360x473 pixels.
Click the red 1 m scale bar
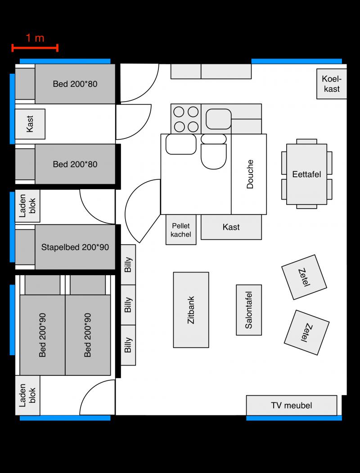pyautogui.click(x=35, y=48)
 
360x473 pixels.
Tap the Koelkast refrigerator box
pyautogui.click(x=332, y=84)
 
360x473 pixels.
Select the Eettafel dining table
pyautogui.click(x=306, y=174)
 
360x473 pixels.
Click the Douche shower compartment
pyautogui.click(x=249, y=174)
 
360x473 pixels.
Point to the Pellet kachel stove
pyautogui.click(x=181, y=230)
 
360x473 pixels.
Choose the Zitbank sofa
pyautogui.click(x=191, y=310)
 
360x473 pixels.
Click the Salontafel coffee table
pyautogui.click(x=249, y=310)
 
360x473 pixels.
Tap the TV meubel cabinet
pyautogui.click(x=292, y=406)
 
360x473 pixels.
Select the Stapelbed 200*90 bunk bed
pyautogui.click(x=75, y=247)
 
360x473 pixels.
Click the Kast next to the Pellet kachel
pyautogui.click(x=231, y=227)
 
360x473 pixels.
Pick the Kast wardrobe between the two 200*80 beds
pyautogui.click(x=30, y=124)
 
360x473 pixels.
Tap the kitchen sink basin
pyautogui.click(x=219, y=119)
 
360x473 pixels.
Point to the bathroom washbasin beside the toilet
pyautogui.click(x=181, y=144)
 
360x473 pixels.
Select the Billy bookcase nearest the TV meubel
pyautogui.click(x=128, y=345)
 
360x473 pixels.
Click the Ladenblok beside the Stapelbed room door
pyautogui.click(x=27, y=206)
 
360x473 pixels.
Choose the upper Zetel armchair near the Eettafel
pyautogui.click(x=304, y=277)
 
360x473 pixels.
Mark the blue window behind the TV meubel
pyautogui.click(x=294, y=418)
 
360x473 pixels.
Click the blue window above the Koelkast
pyautogui.click(x=297, y=61)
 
